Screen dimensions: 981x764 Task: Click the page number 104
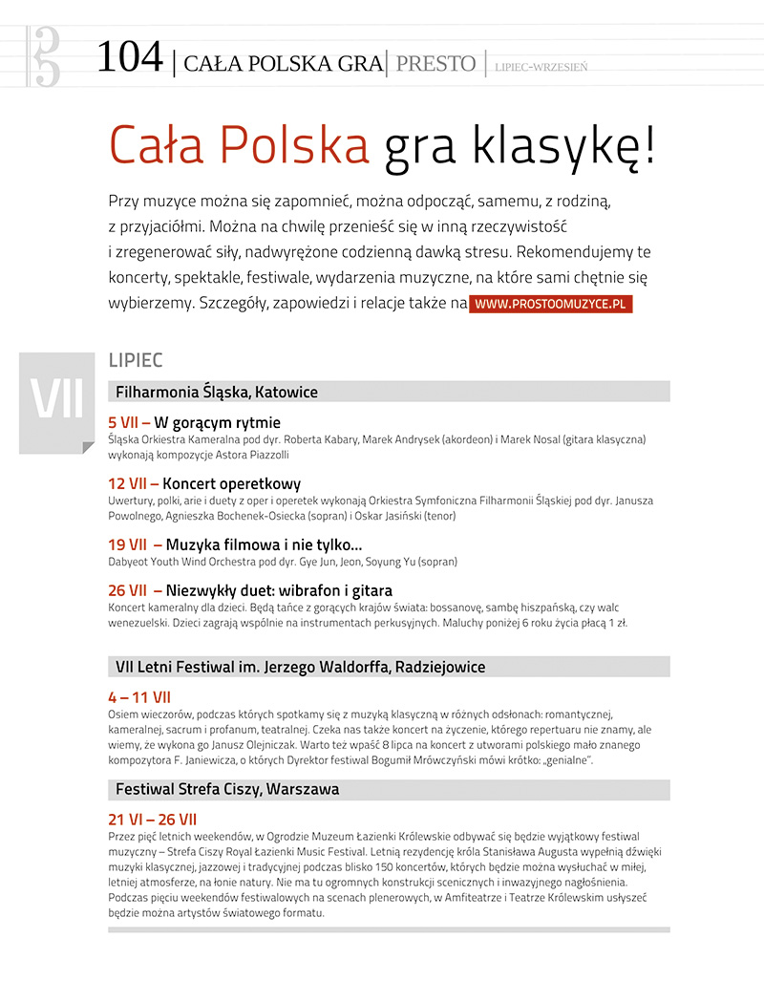130,58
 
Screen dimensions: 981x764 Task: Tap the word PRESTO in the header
435,64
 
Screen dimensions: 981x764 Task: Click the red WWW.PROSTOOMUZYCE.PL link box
550,304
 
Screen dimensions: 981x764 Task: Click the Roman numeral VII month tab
56,399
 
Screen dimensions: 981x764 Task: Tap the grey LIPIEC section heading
136,360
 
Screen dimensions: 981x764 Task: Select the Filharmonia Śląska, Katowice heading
217,392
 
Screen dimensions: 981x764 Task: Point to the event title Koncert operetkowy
232,483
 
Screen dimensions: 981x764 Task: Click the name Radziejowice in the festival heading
437,667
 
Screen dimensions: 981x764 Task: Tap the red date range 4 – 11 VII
139,697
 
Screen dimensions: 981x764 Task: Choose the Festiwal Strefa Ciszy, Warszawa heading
227,790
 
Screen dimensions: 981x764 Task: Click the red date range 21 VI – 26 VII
153,820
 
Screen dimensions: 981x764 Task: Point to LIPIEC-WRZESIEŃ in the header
541,67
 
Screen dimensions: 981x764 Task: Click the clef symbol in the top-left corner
45,55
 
